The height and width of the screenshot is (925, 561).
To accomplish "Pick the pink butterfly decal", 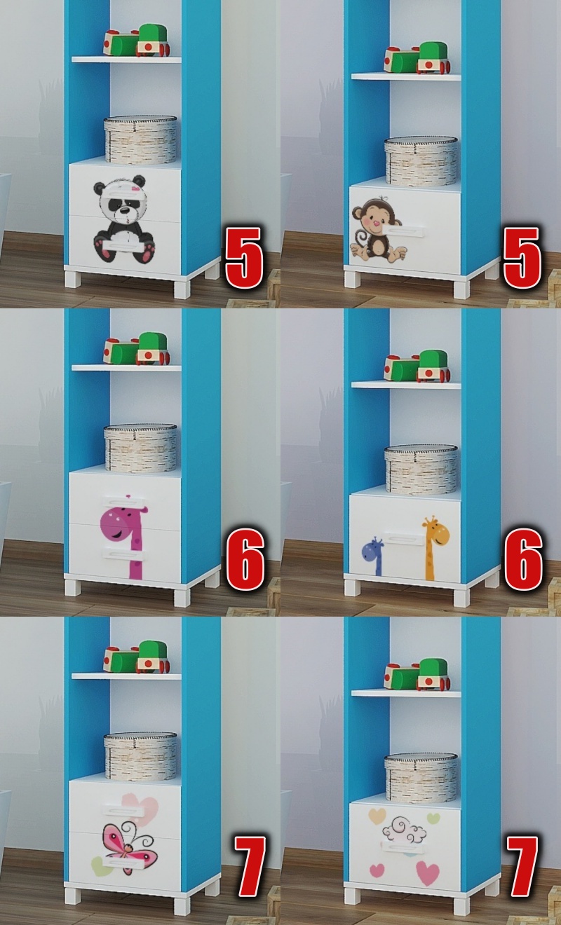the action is (x=129, y=846).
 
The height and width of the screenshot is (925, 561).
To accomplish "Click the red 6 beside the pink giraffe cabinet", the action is (x=245, y=559).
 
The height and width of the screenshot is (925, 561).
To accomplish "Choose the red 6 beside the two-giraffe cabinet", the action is (x=523, y=559).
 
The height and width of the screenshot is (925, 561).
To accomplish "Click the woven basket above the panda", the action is (x=140, y=139).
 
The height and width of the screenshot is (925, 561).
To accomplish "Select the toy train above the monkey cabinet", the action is (x=417, y=57).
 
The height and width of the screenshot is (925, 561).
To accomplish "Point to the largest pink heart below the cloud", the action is (x=428, y=872).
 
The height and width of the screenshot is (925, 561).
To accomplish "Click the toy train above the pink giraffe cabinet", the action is (x=137, y=349).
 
